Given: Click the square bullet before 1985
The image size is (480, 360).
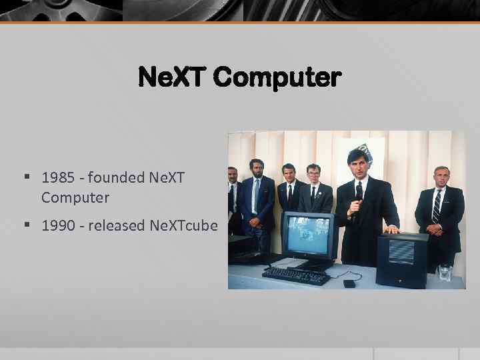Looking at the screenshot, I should (x=27, y=178).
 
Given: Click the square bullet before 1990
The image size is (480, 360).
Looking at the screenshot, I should (x=27, y=225).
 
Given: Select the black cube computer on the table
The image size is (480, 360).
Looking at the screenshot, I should (x=401, y=259).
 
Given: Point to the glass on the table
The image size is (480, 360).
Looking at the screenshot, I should (x=445, y=272).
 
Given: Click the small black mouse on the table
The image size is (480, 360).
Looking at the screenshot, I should (x=349, y=283).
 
